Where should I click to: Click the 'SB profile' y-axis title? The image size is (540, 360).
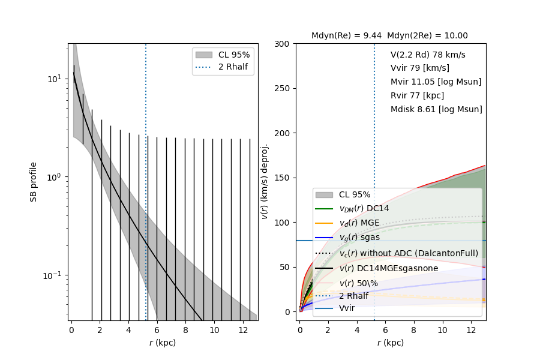[34, 181]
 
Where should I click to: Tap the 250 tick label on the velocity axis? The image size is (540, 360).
[284, 88]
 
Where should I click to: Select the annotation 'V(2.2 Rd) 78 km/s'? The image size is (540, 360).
[428, 55]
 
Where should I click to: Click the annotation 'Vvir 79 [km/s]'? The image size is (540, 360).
[419, 68]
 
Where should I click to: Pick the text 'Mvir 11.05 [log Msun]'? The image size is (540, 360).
[436, 82]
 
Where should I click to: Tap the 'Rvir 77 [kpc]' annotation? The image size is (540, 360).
[417, 95]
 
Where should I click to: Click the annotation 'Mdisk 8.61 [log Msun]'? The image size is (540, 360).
[436, 109]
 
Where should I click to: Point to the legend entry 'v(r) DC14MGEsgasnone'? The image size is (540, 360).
[388, 268]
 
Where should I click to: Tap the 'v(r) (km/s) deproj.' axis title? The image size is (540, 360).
[265, 181]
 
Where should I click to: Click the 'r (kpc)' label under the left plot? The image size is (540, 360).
[162, 343]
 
